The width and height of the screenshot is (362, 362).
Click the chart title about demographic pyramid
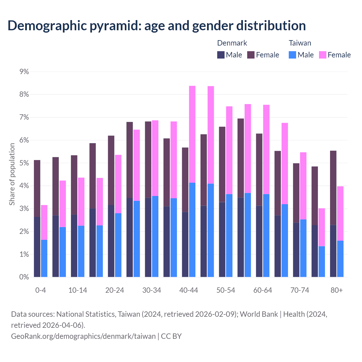pyautogui.click(x=157, y=25)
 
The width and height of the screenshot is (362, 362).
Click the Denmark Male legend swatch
pyautogui.click(x=221, y=55)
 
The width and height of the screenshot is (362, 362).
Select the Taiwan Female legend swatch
pyautogui.click(x=322, y=55)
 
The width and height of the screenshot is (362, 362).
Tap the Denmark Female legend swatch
pyautogui.click(x=251, y=55)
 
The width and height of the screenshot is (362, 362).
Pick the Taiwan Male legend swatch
pyautogui.click(x=292, y=55)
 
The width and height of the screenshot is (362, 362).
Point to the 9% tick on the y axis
pyautogui.click(x=24, y=72)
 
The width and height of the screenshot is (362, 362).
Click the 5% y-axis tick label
pyautogui.click(x=24, y=163)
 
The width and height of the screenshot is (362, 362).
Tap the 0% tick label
pyautogui.click(x=24, y=277)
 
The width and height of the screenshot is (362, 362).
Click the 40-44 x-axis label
pyautogui.click(x=189, y=290)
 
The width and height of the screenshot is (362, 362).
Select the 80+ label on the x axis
pyautogui.click(x=337, y=290)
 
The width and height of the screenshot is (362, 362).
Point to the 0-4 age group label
pyautogui.click(x=40, y=290)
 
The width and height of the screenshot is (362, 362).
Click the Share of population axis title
pyautogui.click(x=12, y=174)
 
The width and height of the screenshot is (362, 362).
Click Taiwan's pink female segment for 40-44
pyautogui.click(x=192, y=134)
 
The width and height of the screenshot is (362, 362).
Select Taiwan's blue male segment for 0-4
pyautogui.click(x=44, y=258)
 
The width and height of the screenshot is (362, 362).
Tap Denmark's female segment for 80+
pyautogui.click(x=333, y=188)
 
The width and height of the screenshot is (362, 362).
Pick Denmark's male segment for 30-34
pyautogui.click(x=148, y=237)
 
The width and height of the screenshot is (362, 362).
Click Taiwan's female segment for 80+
pyautogui.click(x=340, y=214)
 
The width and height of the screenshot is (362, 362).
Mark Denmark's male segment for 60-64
pyautogui.click(x=259, y=241)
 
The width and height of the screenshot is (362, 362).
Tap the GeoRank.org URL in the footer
pyautogui.click(x=83, y=336)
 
